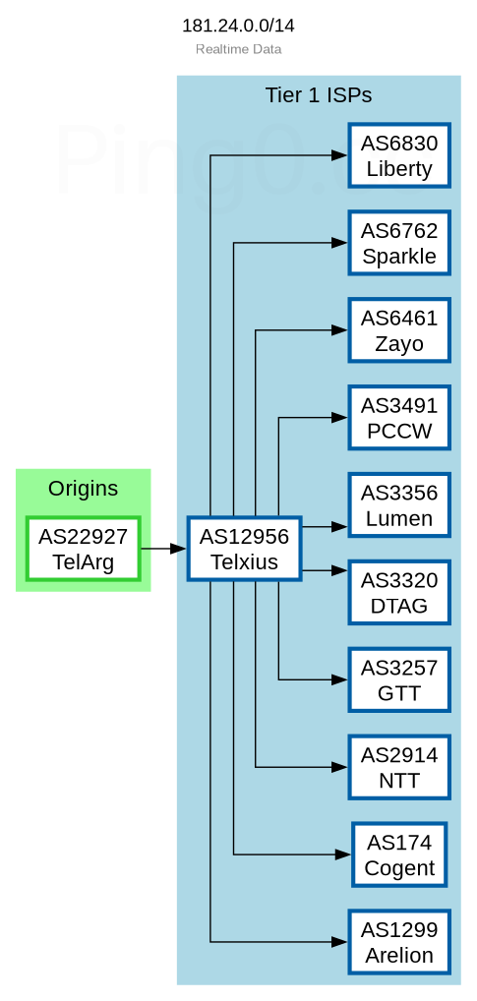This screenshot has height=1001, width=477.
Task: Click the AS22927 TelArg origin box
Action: (83, 549)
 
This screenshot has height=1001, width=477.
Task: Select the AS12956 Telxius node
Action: (244, 549)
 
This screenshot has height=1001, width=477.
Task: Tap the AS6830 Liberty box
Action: (399, 155)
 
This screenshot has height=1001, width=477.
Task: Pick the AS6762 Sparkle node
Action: (399, 243)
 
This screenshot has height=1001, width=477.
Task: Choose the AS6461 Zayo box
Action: (399, 330)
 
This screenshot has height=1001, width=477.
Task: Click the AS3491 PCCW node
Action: (399, 418)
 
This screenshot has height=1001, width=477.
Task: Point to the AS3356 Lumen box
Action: (399, 505)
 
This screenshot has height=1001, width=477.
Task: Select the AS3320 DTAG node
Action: (399, 592)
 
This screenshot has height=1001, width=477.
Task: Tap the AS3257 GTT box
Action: (399, 679)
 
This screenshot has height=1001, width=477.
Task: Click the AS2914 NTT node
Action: (399, 767)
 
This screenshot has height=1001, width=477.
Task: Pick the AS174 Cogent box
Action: (399, 854)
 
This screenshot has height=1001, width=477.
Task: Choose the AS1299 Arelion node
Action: (399, 942)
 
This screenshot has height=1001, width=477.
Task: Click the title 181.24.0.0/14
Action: (238, 26)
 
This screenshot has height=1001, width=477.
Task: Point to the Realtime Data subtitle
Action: (238, 49)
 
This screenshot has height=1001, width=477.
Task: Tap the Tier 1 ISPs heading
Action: (319, 95)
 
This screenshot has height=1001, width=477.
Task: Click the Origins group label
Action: (83, 489)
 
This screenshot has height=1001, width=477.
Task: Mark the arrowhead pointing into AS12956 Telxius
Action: (178, 549)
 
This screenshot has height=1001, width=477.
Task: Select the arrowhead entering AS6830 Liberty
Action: (339, 155)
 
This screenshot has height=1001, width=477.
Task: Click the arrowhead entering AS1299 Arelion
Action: (339, 942)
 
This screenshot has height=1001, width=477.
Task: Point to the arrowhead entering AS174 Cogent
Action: (343, 854)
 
